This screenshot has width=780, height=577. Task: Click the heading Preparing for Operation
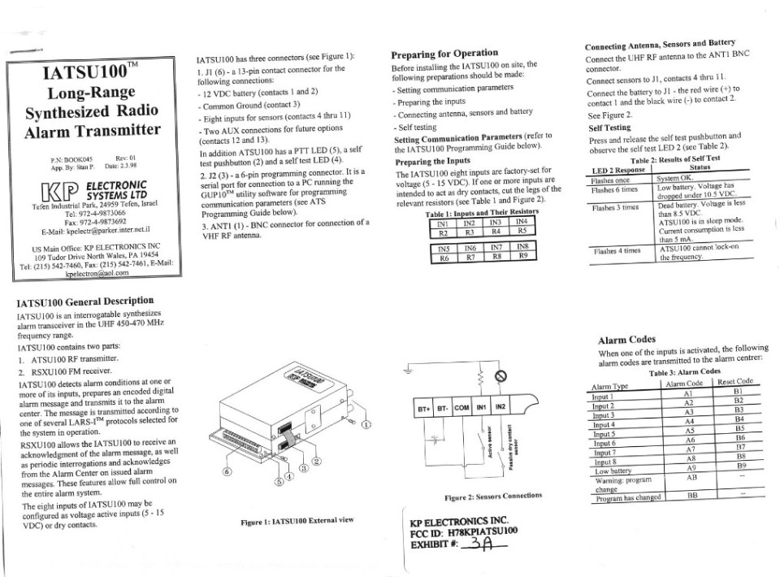(x=444, y=54)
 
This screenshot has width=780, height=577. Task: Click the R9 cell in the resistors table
(x=524, y=257)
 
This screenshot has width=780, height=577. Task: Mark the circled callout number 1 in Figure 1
(x=365, y=424)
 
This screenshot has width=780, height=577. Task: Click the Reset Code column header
(x=736, y=381)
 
